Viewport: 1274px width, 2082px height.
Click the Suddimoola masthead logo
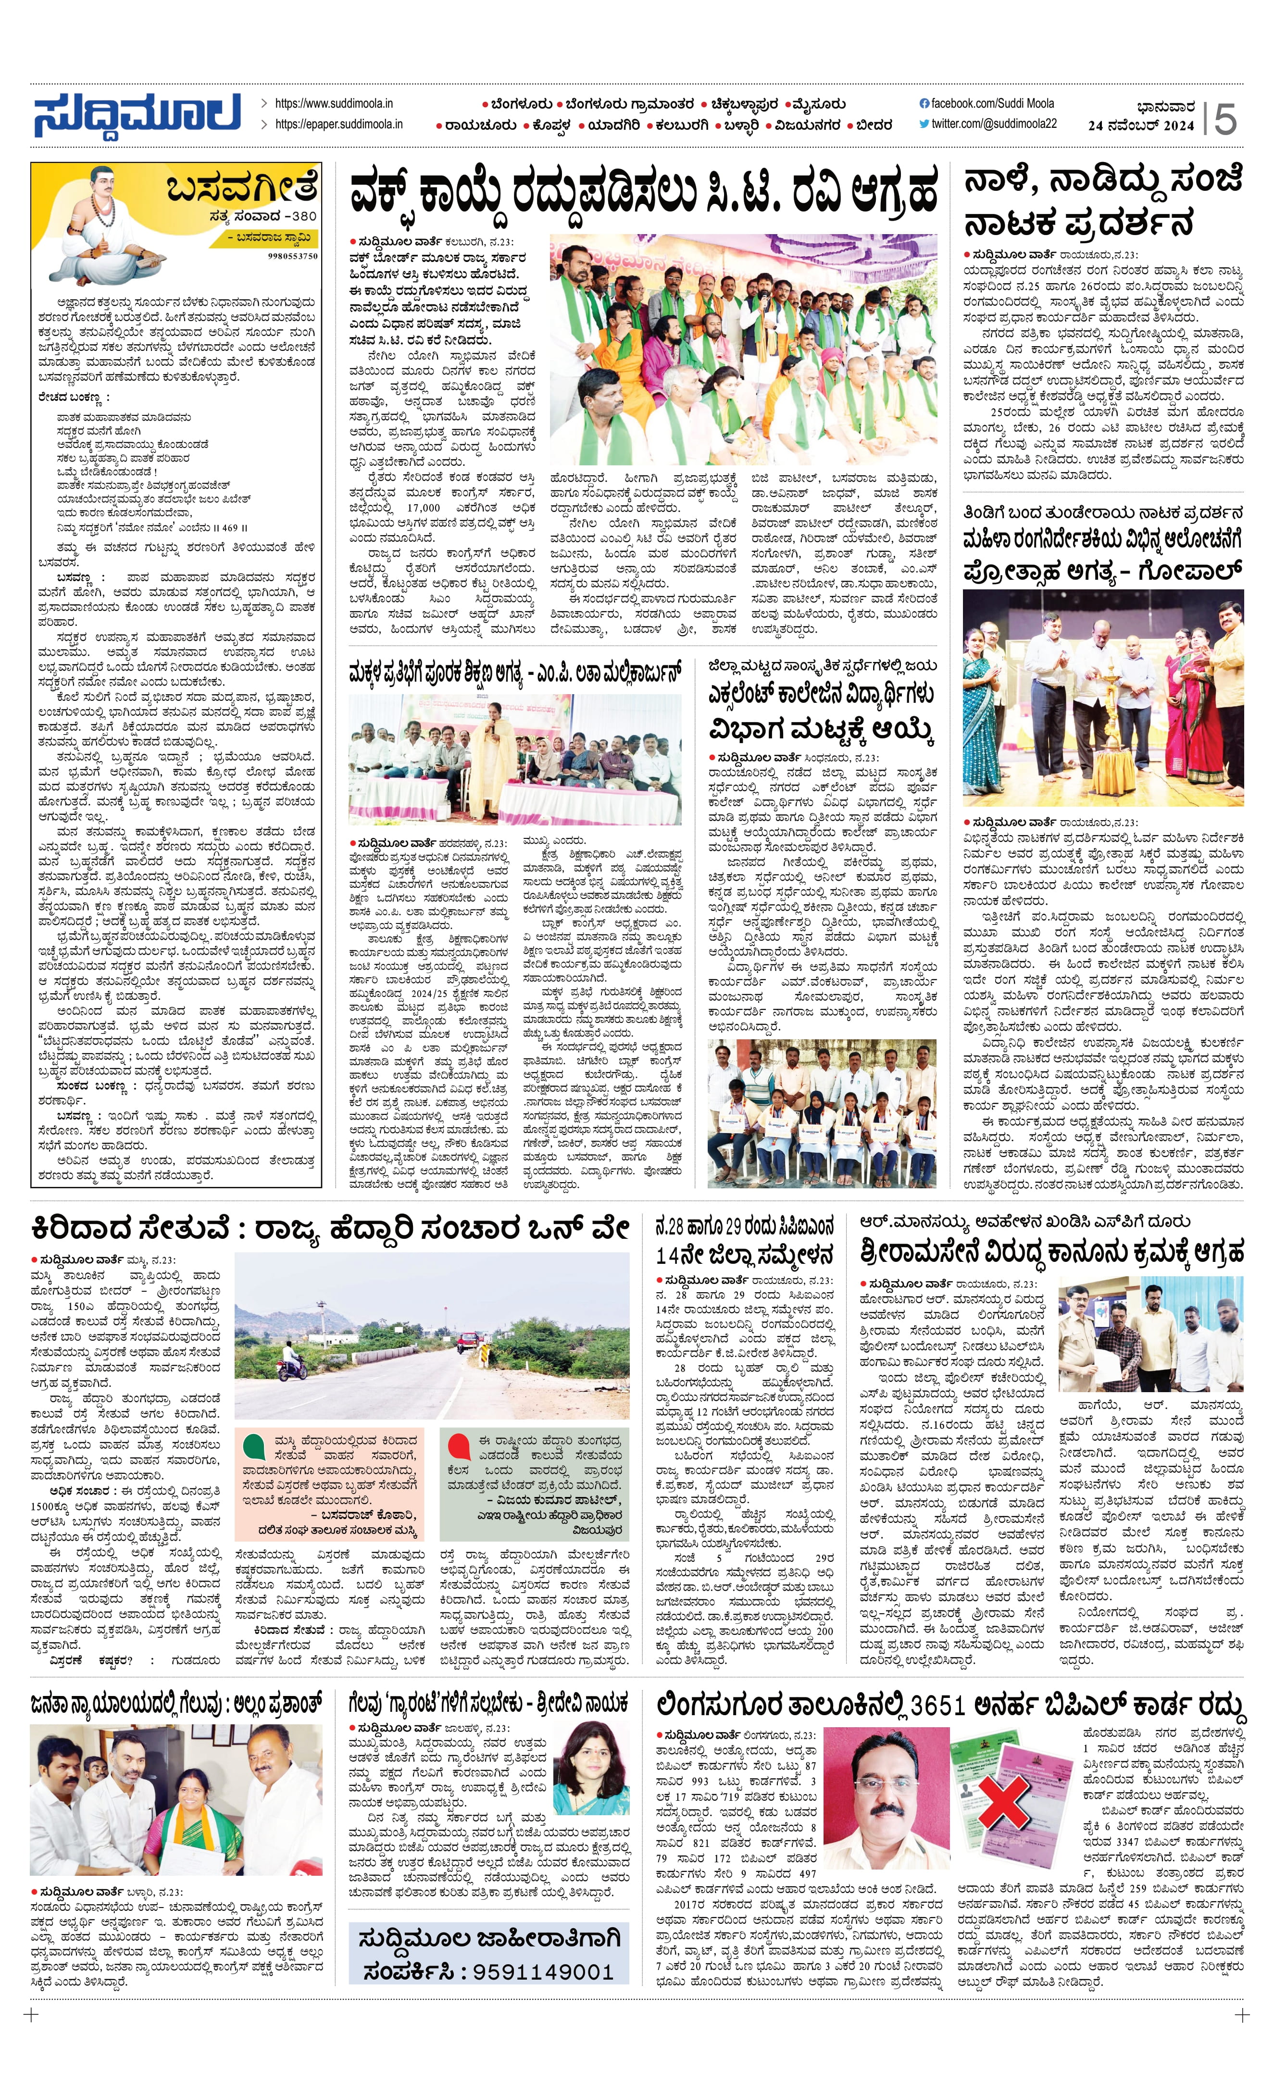(137, 116)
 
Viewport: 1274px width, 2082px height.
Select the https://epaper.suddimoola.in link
(338, 124)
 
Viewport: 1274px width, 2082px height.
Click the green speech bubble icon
(253, 1446)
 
